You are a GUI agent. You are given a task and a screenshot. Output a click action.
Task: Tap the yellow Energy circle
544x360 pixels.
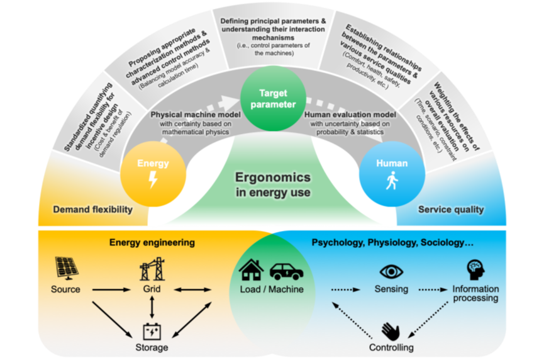153,171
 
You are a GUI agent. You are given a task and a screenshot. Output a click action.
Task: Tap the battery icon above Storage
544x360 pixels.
152,330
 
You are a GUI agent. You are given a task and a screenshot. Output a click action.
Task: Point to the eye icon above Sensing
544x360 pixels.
391,271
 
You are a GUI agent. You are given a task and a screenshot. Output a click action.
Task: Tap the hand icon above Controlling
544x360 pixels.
391,330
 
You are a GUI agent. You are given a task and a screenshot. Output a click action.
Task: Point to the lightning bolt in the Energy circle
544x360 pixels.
153,181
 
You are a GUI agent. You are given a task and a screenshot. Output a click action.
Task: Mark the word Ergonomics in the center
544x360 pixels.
272,177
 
